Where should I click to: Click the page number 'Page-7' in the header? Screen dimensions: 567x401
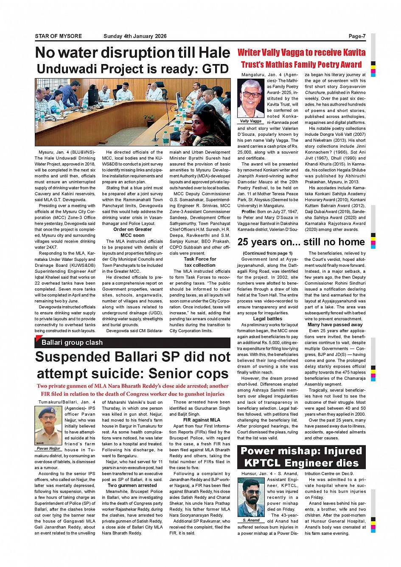356,36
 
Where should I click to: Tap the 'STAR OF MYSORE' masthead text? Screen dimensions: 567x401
58,36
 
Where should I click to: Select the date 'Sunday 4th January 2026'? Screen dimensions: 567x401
135,36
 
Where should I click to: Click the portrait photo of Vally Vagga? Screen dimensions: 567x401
250,98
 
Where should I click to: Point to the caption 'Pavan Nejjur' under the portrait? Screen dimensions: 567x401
48,448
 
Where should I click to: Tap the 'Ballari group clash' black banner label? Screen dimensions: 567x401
72,343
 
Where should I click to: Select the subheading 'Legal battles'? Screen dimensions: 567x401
267,319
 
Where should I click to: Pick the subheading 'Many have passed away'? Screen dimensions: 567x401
335,325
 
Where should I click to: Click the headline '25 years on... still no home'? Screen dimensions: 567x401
301,242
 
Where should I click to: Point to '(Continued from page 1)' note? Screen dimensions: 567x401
267,254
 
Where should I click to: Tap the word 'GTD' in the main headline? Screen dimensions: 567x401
215,69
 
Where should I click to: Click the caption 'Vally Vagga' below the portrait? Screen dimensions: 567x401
250,121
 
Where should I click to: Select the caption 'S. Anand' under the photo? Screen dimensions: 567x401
251,520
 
